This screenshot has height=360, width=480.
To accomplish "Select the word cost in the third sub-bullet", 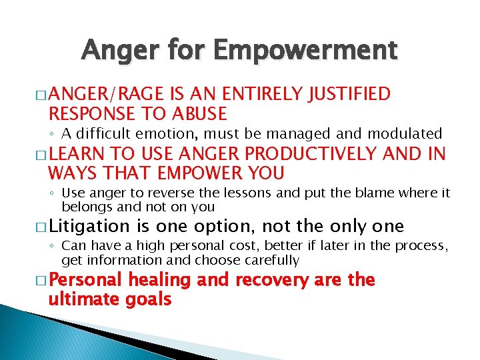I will [x=221, y=246].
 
